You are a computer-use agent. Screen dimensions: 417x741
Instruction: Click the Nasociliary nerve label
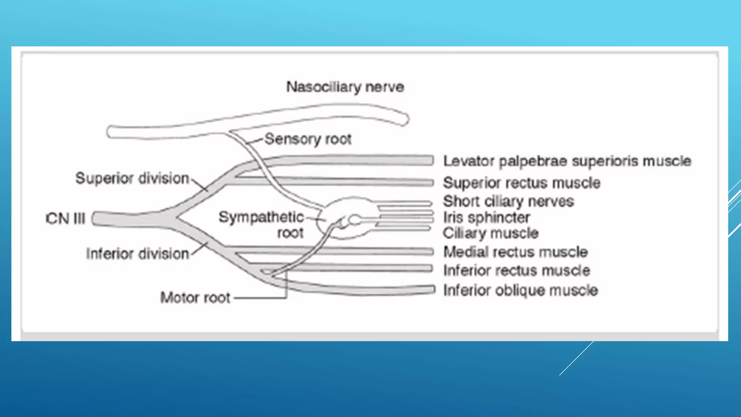(345, 87)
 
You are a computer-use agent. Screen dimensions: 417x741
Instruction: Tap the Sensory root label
(308, 139)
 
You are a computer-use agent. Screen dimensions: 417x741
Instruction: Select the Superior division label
(132, 178)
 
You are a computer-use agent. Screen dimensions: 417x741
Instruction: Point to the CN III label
(65, 219)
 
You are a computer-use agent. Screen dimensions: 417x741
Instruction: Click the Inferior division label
(137, 254)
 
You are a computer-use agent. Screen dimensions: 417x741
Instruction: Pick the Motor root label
(195, 298)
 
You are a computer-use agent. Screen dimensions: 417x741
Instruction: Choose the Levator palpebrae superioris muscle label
(567, 161)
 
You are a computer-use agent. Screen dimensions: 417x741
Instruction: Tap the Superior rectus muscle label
(521, 183)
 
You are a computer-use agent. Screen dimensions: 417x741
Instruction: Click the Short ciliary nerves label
(508, 201)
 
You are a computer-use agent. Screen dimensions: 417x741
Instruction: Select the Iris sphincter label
(486, 218)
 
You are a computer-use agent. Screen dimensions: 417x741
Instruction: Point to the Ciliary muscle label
(491, 233)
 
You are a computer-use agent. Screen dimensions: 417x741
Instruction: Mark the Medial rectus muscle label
(515, 252)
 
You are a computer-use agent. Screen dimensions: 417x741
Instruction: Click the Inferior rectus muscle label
(516, 270)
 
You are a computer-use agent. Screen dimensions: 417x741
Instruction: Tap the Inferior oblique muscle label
(520, 290)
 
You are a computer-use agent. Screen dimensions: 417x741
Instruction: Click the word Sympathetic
(261, 217)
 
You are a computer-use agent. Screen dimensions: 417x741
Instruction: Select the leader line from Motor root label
(261, 298)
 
